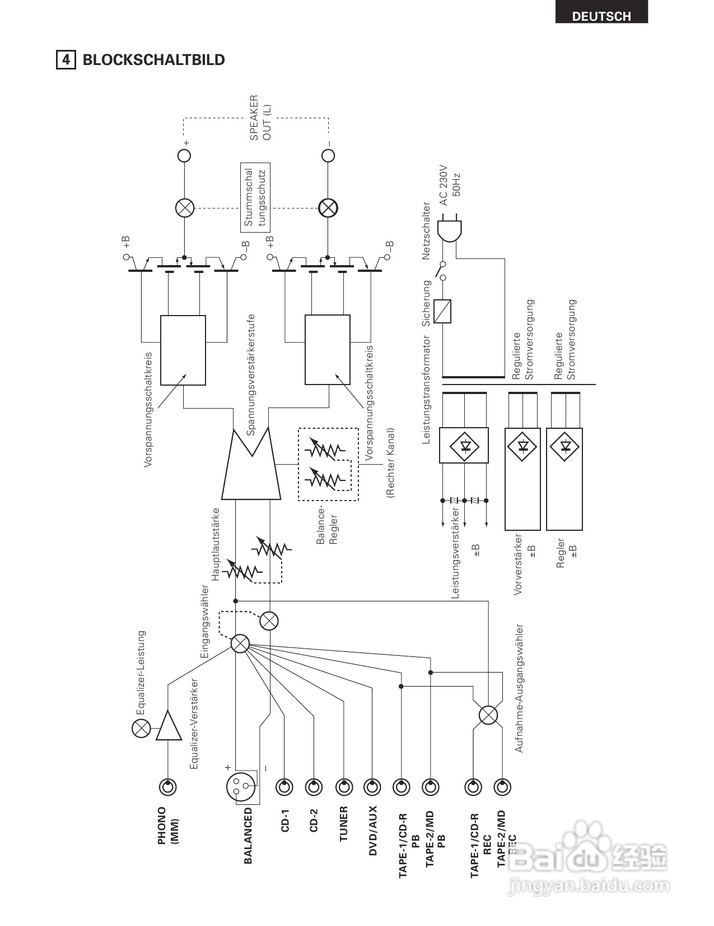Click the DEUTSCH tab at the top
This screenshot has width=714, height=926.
pyautogui.click(x=601, y=12)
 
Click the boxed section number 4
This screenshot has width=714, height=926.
pyautogui.click(x=66, y=59)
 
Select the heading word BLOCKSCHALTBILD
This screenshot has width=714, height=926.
pyautogui.click(x=153, y=59)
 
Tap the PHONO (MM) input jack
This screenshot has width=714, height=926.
pyautogui.click(x=168, y=786)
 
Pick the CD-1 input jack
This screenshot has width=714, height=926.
pyautogui.click(x=284, y=786)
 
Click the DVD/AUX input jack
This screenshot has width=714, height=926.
pyautogui.click(x=372, y=786)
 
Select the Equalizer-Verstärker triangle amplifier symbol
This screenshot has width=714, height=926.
pyautogui.click(x=169, y=725)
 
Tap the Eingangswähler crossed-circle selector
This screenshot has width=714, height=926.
pyautogui.click(x=240, y=643)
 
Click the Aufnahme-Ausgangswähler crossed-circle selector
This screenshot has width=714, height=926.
pyautogui.click(x=488, y=715)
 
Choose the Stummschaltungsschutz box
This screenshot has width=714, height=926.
pyautogui.click(x=255, y=197)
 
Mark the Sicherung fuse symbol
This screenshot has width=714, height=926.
pyautogui.click(x=442, y=311)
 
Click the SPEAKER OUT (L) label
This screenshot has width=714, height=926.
pyautogui.click(x=260, y=118)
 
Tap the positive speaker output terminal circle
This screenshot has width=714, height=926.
pyautogui.click(x=184, y=155)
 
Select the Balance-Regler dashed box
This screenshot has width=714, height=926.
pyautogui.click(x=328, y=464)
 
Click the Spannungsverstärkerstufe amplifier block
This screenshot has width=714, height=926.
pyautogui.click(x=251, y=463)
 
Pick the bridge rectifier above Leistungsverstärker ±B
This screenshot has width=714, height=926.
pyautogui.click(x=464, y=445)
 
